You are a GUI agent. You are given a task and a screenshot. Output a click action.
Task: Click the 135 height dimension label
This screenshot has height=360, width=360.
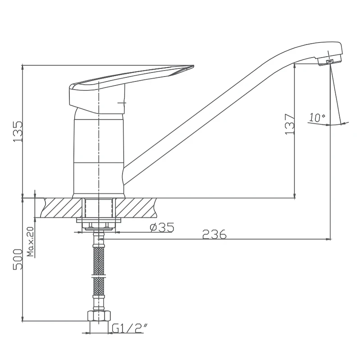tap(18, 131)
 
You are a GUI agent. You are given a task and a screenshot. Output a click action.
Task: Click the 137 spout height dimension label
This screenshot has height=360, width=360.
tap(290, 124)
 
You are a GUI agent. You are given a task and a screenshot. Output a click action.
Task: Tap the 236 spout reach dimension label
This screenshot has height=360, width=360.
tap(214, 234)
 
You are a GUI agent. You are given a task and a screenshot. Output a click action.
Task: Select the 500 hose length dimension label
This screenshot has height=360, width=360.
tap(18, 259)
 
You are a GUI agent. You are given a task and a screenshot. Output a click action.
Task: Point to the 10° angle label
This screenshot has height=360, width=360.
tap(317, 117)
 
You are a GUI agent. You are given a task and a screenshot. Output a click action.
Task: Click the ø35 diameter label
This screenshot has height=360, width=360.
tap(162, 227)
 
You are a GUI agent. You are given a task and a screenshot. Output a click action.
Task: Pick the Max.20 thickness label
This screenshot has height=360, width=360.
tap(30, 242)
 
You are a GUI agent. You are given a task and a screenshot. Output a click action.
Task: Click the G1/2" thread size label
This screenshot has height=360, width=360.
tap(130, 328)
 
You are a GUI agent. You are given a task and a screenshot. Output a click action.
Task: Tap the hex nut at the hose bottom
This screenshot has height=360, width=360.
tap(99, 316)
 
